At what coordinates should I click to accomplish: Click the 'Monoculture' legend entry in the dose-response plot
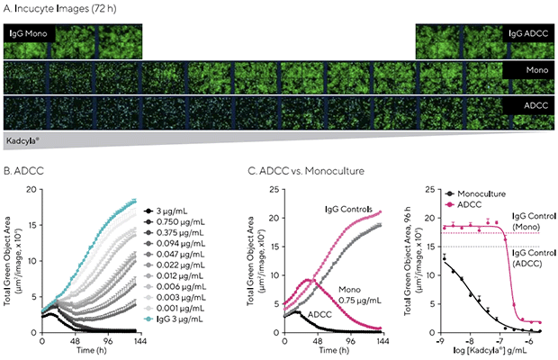click(475, 193)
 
